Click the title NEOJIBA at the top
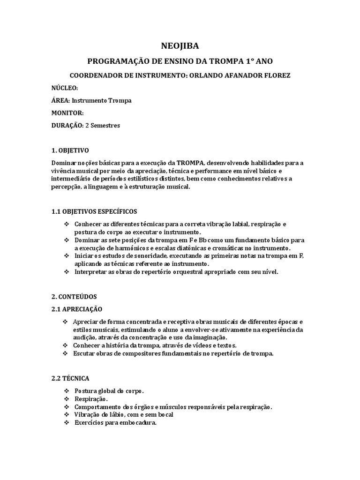point(180,45)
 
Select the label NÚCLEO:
point(65,88)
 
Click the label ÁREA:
point(60,100)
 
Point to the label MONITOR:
point(67,112)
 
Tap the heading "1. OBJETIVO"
point(70,150)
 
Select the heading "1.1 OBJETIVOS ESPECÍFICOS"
point(94,211)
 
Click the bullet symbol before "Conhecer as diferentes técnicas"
point(67,225)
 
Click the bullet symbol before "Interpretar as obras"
point(67,272)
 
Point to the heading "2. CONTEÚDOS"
point(74,297)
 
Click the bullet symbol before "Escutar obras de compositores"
point(65,353)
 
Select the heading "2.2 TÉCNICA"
point(70,378)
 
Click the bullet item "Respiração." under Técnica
point(91,399)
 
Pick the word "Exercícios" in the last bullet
point(90,422)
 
